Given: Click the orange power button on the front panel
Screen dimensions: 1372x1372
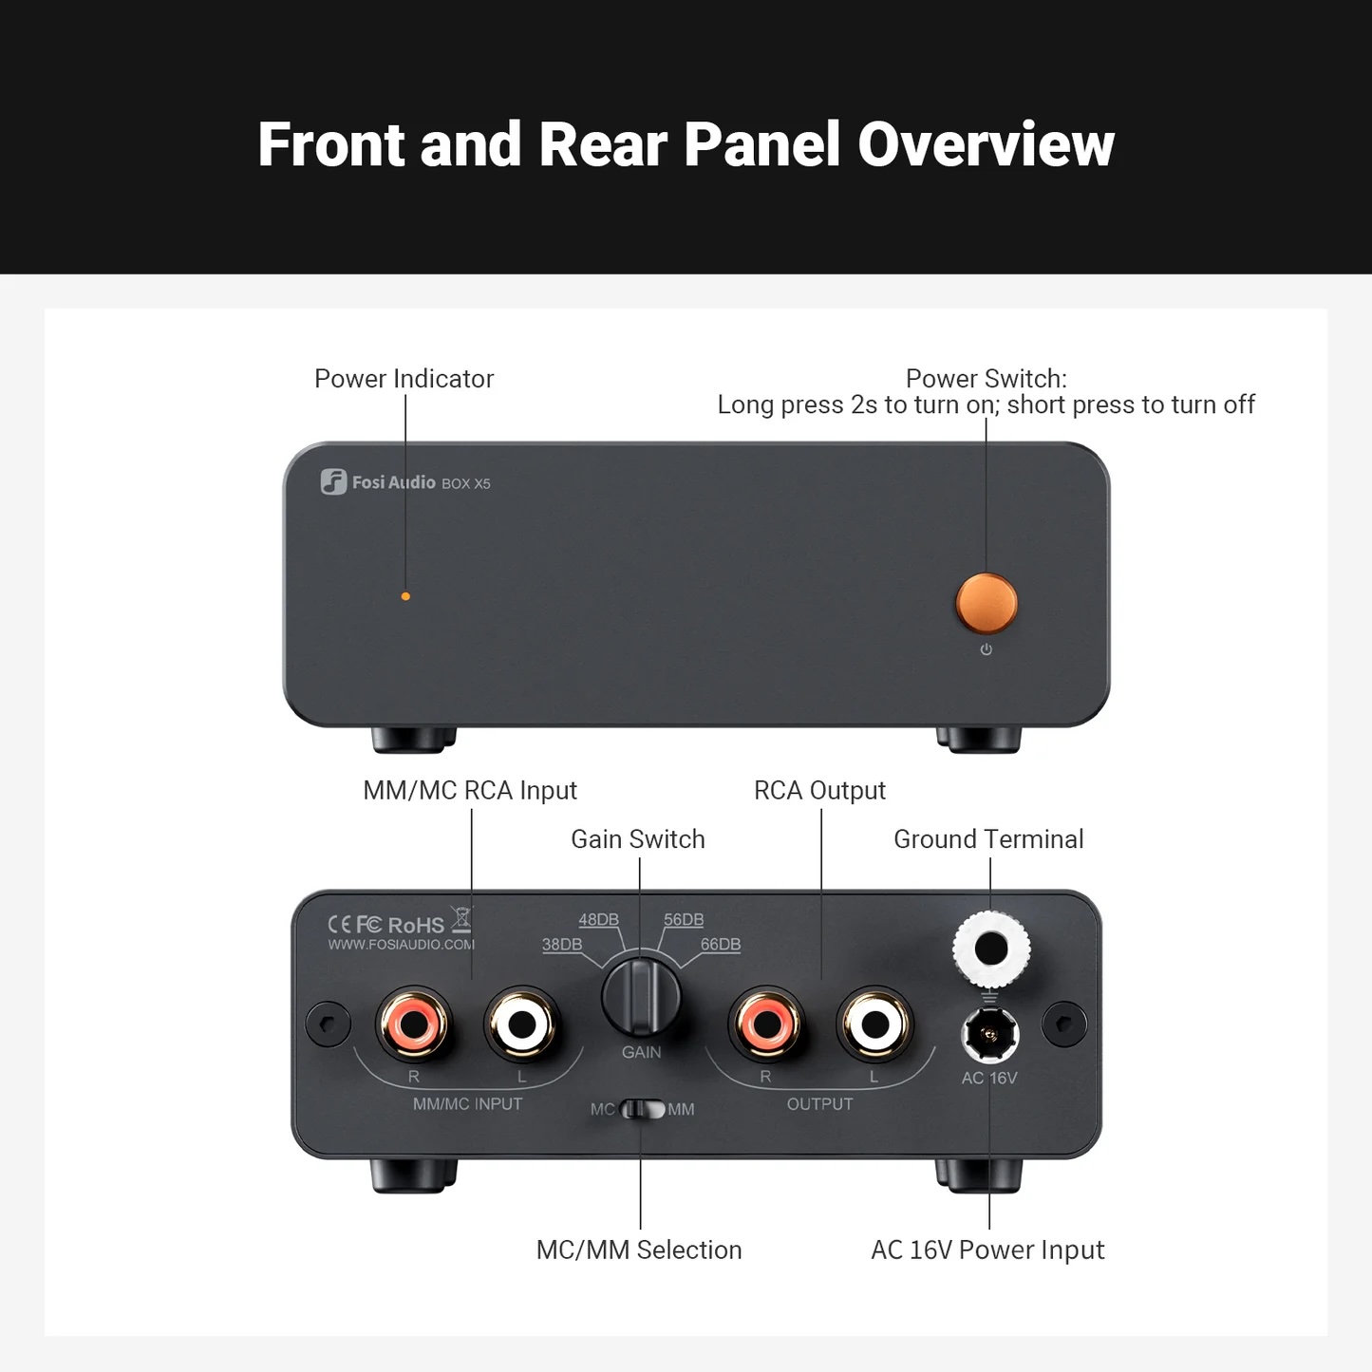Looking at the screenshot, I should coord(987,603).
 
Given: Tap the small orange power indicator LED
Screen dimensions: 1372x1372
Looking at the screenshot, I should coord(405,596).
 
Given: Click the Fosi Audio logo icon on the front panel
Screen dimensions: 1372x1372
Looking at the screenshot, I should coord(333,481).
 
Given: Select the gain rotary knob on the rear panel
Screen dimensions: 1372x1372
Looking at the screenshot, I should coord(641,997).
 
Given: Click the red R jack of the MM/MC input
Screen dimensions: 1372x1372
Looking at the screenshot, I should coord(414,1024).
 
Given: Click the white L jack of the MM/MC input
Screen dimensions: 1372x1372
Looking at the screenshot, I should coord(522,1024).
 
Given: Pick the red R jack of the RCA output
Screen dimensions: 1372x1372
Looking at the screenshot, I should coord(766,1024).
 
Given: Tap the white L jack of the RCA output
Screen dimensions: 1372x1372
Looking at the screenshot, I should coord(874,1024).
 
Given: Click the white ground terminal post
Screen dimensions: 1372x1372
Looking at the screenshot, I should coord(991,949).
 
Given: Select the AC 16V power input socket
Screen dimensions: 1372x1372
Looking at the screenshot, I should coord(990,1034).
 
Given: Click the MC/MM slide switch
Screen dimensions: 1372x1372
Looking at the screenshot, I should coord(643,1109).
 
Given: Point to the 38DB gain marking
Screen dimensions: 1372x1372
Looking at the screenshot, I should coord(562,945).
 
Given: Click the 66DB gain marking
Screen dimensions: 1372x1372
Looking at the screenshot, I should coord(721,945).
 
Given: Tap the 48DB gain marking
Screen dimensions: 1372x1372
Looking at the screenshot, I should coord(598,920).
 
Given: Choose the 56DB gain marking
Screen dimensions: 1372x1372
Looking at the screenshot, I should coord(684,920).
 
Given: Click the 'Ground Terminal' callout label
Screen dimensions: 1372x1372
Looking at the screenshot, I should coord(988,839).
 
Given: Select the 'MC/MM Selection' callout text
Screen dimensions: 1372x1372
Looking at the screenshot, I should coord(639,1250).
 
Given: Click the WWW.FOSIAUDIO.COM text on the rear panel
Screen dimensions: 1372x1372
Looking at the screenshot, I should coord(401,945).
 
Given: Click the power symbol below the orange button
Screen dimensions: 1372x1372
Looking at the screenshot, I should coord(987,649).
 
